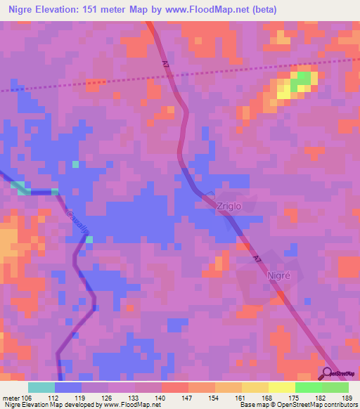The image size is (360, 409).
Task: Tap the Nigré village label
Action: (x=278, y=276)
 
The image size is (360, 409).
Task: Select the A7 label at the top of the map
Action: (x=166, y=64)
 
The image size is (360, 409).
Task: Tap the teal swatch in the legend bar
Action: (x=41, y=387)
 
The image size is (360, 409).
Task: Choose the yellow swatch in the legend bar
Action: (x=282, y=387)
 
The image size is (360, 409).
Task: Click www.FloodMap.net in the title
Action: (x=209, y=10)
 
